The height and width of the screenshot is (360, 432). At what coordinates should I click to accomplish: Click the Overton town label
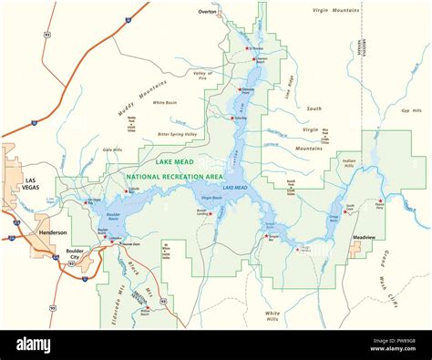pyautogui.click(x=208, y=12)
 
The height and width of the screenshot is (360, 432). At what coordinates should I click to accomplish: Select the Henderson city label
pyautogui.click(x=52, y=232)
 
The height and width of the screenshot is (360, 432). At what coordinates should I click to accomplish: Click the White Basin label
pyautogui.click(x=165, y=103)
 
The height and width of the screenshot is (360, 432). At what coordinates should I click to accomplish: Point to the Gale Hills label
pyautogui.click(x=112, y=149)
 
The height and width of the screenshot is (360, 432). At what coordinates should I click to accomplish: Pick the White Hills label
pyautogui.click(x=273, y=315)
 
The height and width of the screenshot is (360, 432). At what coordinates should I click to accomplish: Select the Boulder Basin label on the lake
pyautogui.click(x=113, y=218)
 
